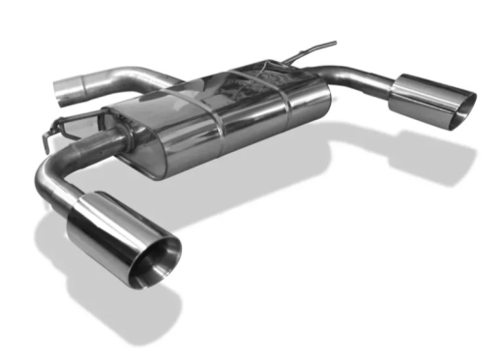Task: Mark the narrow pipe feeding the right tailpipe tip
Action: [x=358, y=75]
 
